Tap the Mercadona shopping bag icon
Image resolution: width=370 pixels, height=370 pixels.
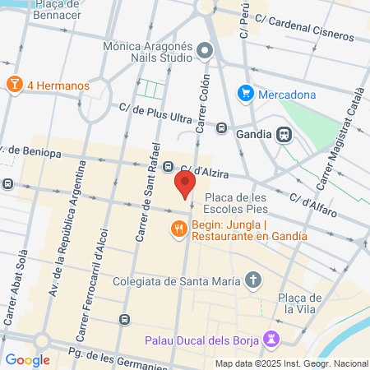tap(244, 94)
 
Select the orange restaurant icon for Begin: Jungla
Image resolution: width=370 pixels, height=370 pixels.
tap(177, 229)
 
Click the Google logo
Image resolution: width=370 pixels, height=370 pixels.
tap(27, 359)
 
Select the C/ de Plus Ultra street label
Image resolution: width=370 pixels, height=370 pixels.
tap(160, 109)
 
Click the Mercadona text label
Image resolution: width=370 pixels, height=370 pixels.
tap(287, 94)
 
